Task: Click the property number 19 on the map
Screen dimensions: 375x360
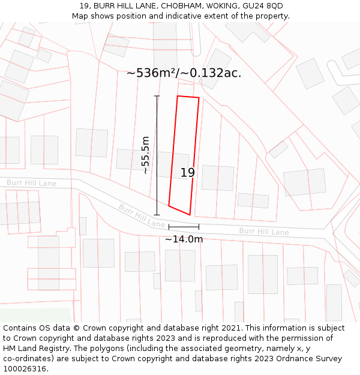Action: tap(187, 173)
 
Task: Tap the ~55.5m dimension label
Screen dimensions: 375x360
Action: tap(145, 155)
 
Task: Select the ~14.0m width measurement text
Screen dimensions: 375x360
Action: tap(184, 239)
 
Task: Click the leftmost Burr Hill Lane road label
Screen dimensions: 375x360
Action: tap(31, 182)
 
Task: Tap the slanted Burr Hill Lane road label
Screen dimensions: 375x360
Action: tap(142, 215)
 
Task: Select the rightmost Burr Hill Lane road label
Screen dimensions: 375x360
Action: tap(264, 232)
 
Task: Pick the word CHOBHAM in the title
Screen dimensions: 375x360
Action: tap(181, 6)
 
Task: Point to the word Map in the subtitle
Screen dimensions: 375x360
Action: tap(80, 16)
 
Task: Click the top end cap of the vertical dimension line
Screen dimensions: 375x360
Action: tap(157, 96)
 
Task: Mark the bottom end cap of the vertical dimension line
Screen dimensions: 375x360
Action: tap(157, 215)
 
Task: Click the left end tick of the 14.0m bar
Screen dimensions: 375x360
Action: tap(169, 227)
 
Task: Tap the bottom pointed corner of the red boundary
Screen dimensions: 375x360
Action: tap(190, 214)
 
